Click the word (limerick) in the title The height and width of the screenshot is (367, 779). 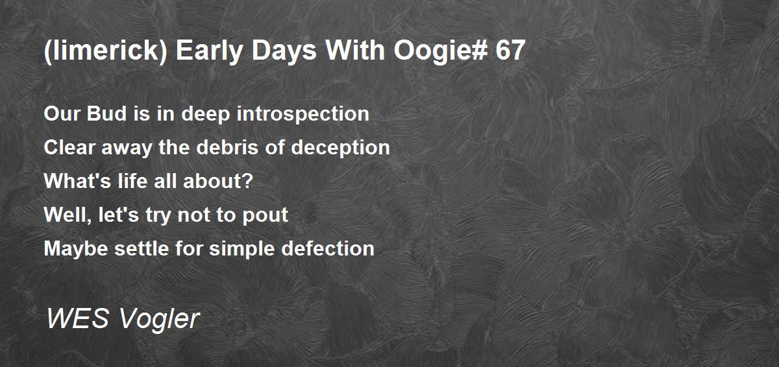(106, 51)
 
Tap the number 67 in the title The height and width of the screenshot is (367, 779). (510, 51)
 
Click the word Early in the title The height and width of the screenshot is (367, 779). (209, 51)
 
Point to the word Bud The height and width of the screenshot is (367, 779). (106, 113)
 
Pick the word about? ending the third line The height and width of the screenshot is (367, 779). (218, 181)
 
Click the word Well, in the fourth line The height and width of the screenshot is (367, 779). (68, 215)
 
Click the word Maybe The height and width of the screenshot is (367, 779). (76, 249)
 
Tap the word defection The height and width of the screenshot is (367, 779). (328, 248)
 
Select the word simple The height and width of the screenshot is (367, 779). (242, 249)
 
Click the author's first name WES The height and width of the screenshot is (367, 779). (77, 318)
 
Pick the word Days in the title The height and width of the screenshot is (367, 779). (284, 51)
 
